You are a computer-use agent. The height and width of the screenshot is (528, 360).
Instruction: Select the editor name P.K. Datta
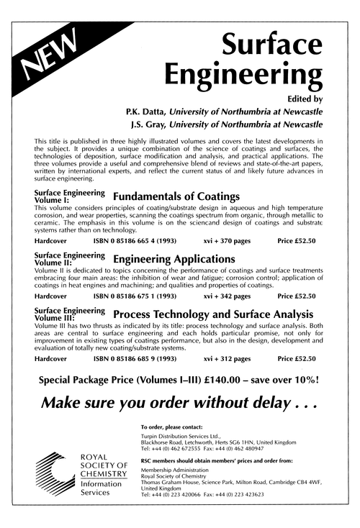(x=146, y=111)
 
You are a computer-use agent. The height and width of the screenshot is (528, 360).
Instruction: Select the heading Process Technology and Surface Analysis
(x=213, y=314)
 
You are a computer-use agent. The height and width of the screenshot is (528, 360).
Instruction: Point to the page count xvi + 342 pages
(x=228, y=296)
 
